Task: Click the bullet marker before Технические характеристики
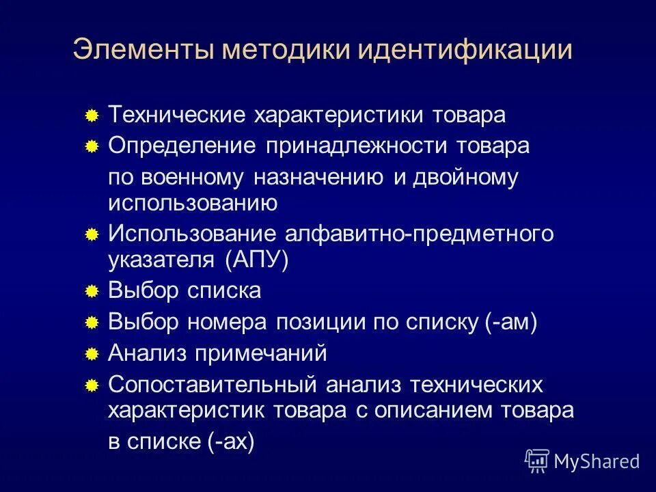point(92,116)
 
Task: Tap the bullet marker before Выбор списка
point(92,292)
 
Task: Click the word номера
point(229,323)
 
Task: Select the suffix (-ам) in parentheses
point(512,323)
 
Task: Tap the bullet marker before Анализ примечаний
point(92,355)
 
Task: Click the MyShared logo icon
point(536,461)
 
